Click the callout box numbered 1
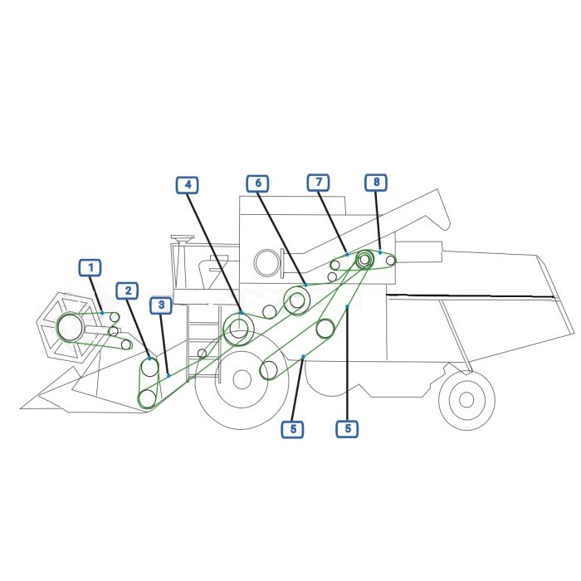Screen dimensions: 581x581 pyautogui.click(x=90, y=267)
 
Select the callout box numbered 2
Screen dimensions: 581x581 pyautogui.click(x=128, y=290)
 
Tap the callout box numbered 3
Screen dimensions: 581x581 pyautogui.click(x=161, y=305)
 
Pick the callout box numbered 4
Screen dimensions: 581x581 pyautogui.click(x=188, y=185)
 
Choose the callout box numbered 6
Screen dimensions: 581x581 pyautogui.click(x=258, y=183)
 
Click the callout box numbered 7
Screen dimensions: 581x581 pyautogui.click(x=319, y=183)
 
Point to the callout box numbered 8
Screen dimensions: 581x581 pyautogui.click(x=376, y=182)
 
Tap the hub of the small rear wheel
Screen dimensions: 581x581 pyautogui.click(x=466, y=399)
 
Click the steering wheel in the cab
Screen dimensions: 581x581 pyautogui.click(x=183, y=237)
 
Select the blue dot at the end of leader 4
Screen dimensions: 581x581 pyautogui.click(x=242, y=313)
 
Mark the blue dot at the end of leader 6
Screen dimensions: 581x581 pyautogui.click(x=305, y=285)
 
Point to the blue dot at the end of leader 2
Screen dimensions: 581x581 pyautogui.click(x=149, y=359)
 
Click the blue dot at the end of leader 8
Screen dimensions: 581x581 pyautogui.click(x=380, y=252)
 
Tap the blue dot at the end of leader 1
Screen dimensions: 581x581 pyautogui.click(x=102, y=313)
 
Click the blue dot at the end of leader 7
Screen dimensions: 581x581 pyautogui.click(x=347, y=254)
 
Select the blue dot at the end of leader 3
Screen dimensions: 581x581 pyautogui.click(x=168, y=375)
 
